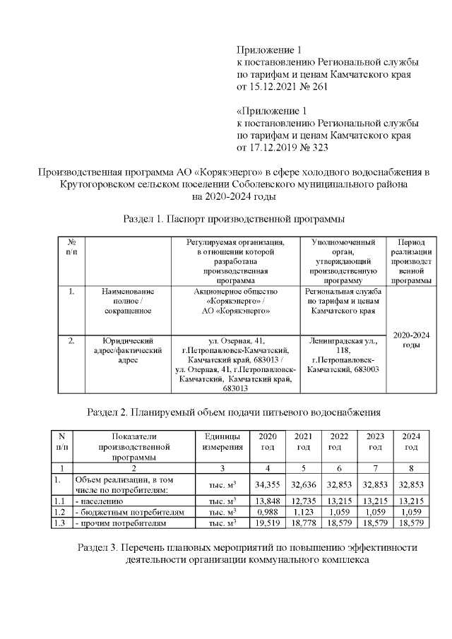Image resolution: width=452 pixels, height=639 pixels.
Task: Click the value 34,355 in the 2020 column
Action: [268, 485]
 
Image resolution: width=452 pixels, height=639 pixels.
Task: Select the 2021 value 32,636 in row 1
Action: [303, 485]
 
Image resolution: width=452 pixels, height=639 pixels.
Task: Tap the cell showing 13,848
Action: [268, 501]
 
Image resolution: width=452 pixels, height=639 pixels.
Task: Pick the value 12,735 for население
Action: [303, 501]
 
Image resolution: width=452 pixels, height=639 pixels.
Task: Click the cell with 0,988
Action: [268, 512]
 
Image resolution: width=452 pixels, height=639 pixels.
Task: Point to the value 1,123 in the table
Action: [303, 512]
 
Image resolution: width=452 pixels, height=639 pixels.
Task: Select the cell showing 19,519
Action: [268, 522]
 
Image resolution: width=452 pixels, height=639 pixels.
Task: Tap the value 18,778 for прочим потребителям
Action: [303, 522]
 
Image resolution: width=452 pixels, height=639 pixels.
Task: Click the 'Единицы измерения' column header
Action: [222, 441]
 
